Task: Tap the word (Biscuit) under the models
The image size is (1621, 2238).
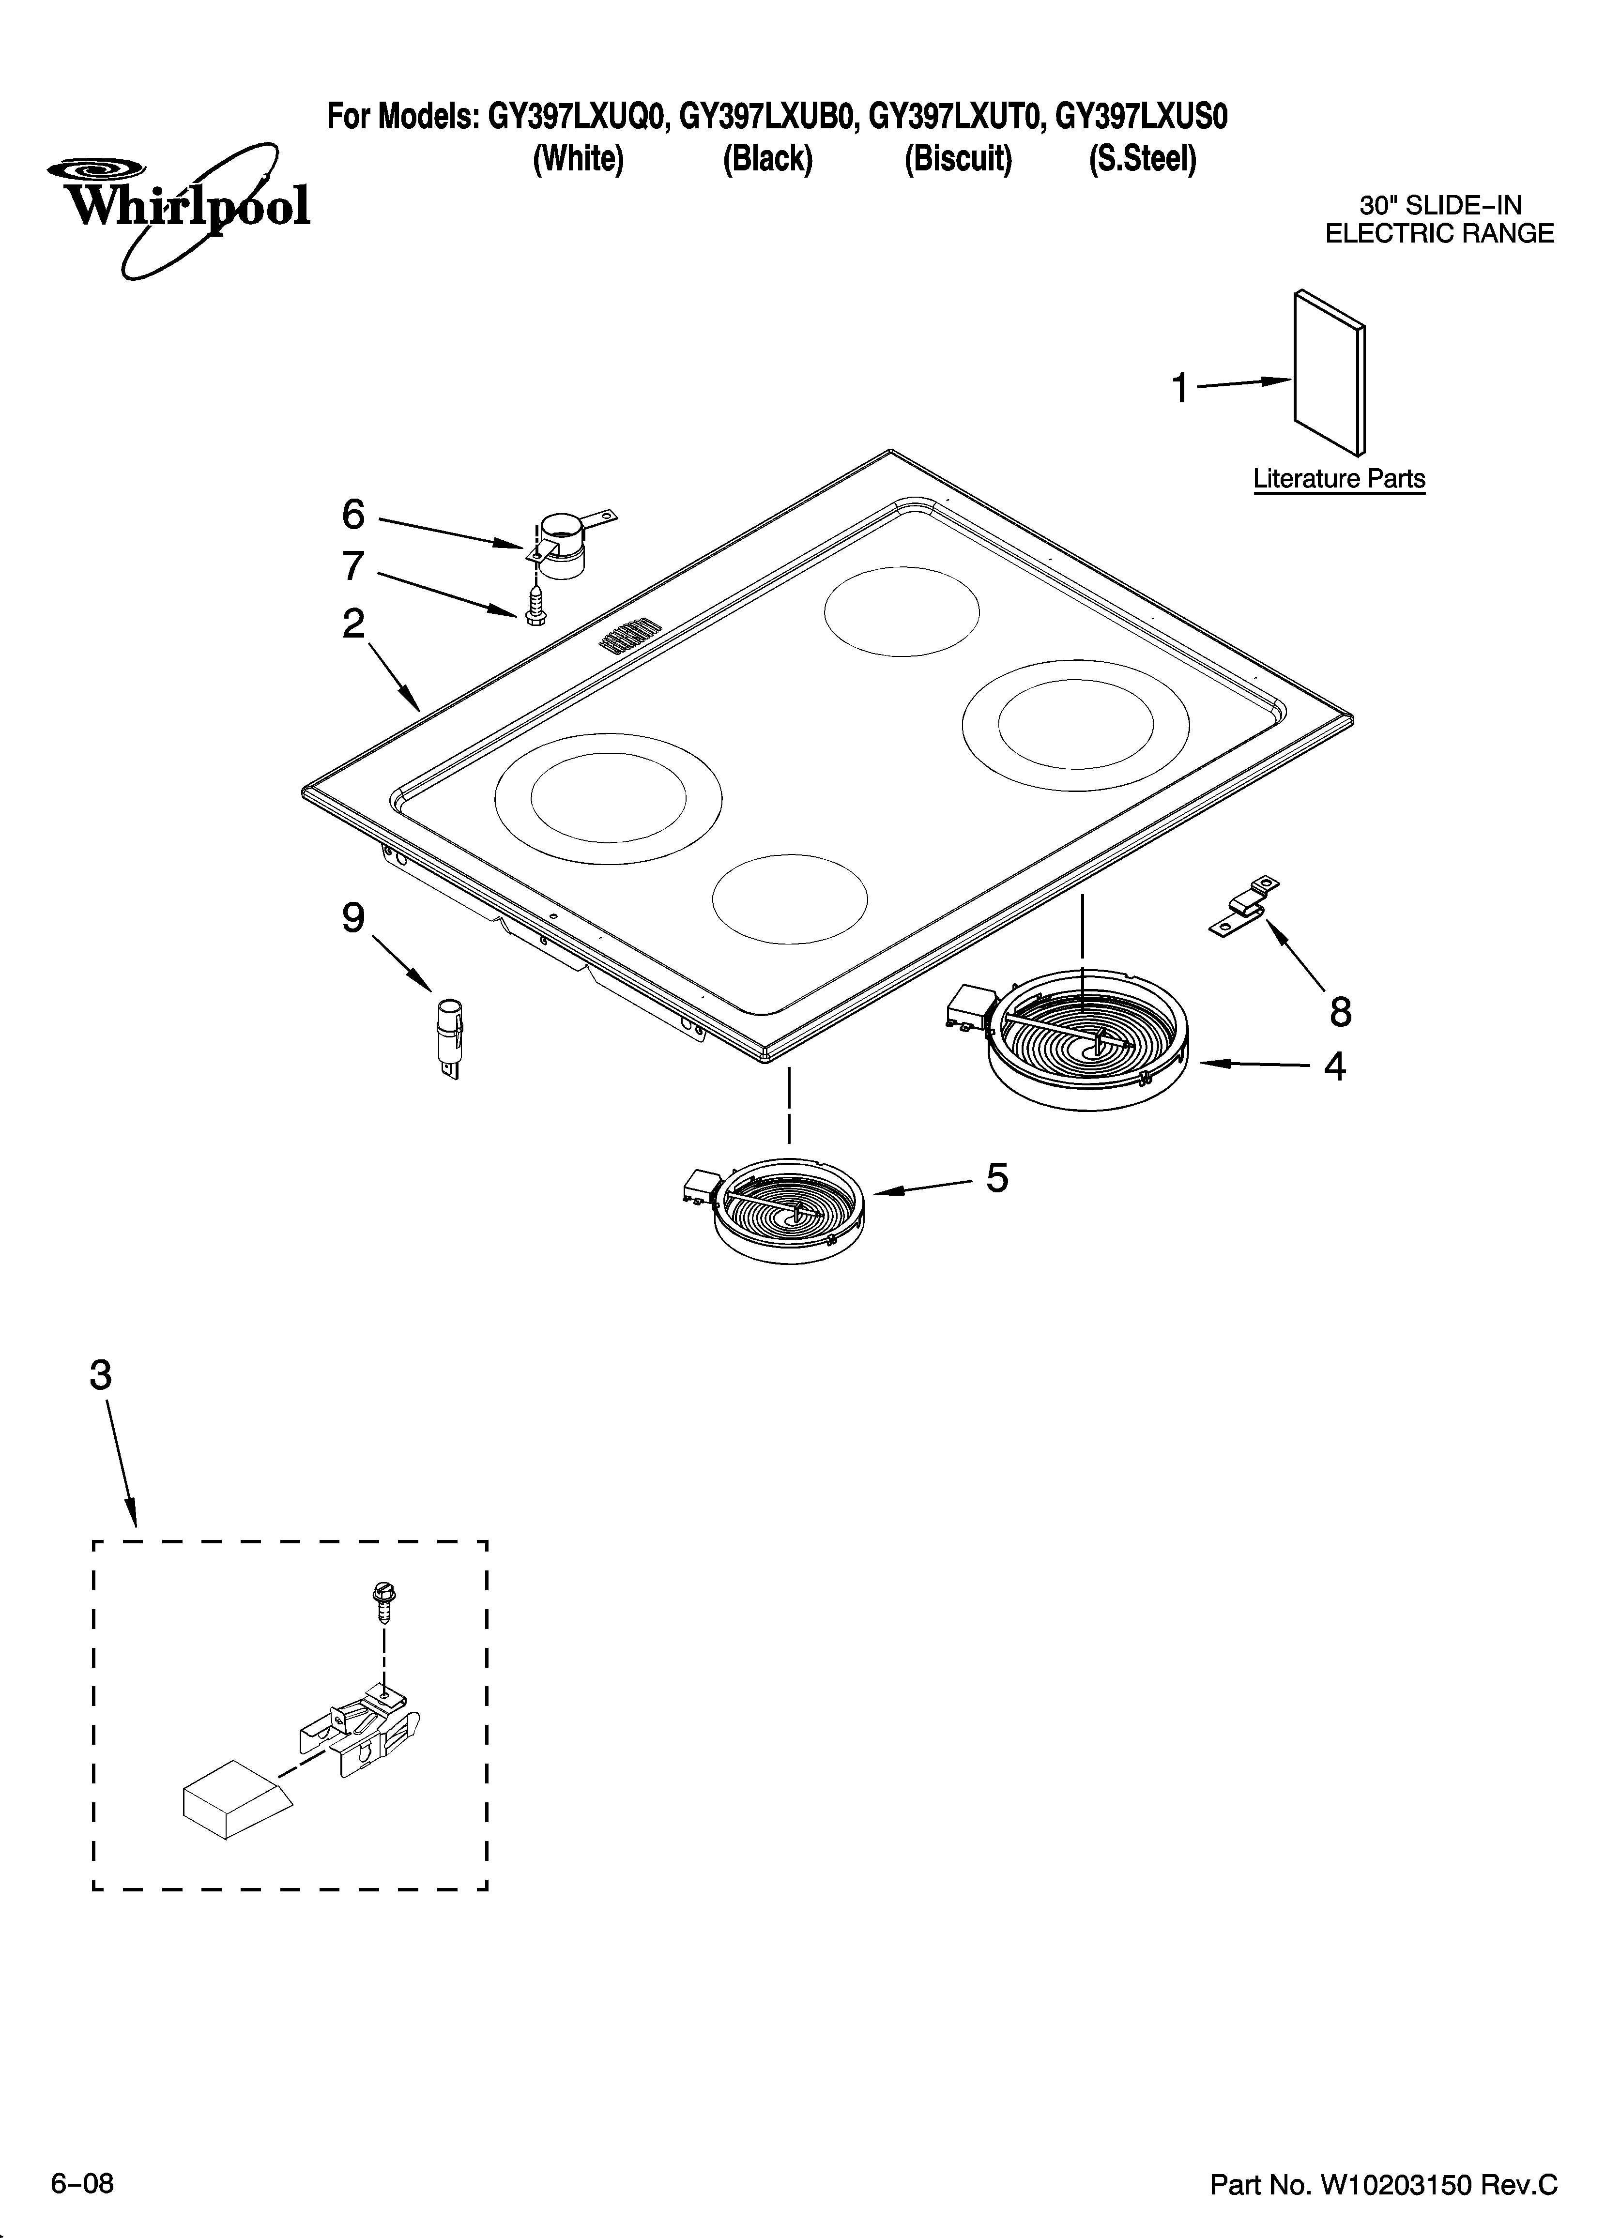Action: pos(958,159)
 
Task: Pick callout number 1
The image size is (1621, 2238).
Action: pos(1180,389)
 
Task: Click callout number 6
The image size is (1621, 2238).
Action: pos(352,514)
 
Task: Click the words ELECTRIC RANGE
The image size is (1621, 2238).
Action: pos(1438,234)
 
